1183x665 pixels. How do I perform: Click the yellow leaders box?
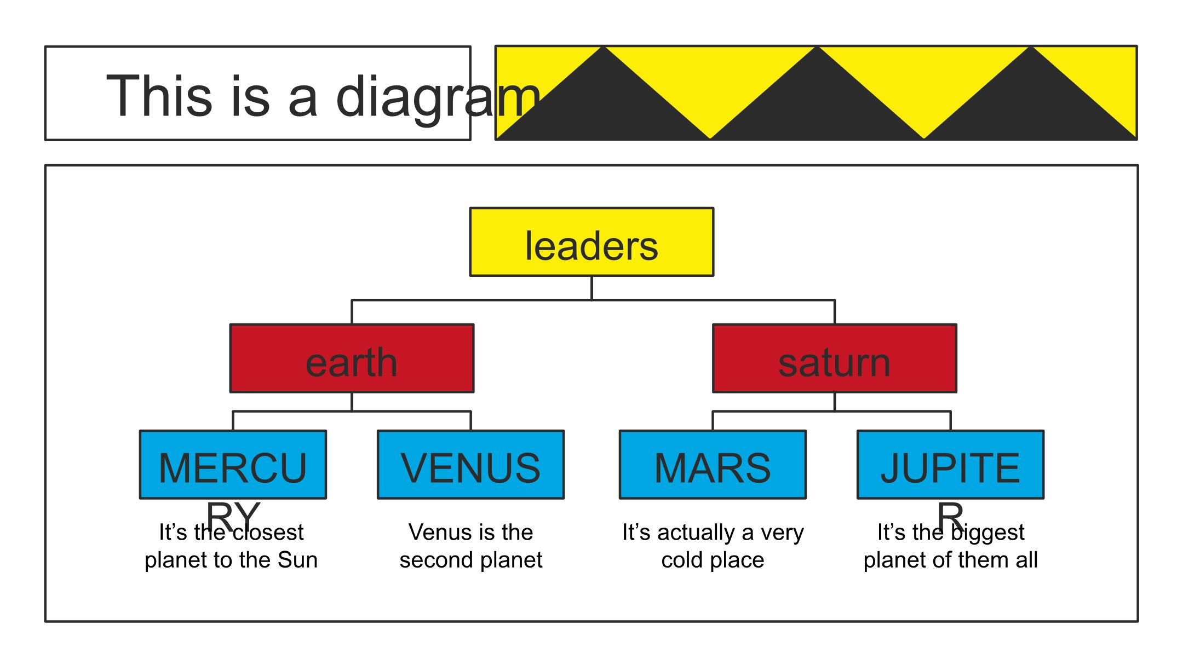[591, 242]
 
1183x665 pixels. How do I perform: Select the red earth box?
[352, 358]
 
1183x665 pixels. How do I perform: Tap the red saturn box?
[834, 358]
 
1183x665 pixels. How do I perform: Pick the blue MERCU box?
[233, 465]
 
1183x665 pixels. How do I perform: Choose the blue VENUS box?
[470, 465]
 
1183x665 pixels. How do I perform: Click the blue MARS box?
[713, 465]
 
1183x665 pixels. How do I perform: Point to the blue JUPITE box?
[950, 465]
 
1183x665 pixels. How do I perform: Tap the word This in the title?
[159, 96]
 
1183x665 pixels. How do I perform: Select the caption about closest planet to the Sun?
[231, 546]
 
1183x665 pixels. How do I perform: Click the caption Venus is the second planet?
[470, 546]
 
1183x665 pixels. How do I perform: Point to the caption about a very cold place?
[713, 546]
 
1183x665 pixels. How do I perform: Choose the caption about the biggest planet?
[950, 546]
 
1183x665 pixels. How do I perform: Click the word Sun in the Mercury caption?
[297, 560]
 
